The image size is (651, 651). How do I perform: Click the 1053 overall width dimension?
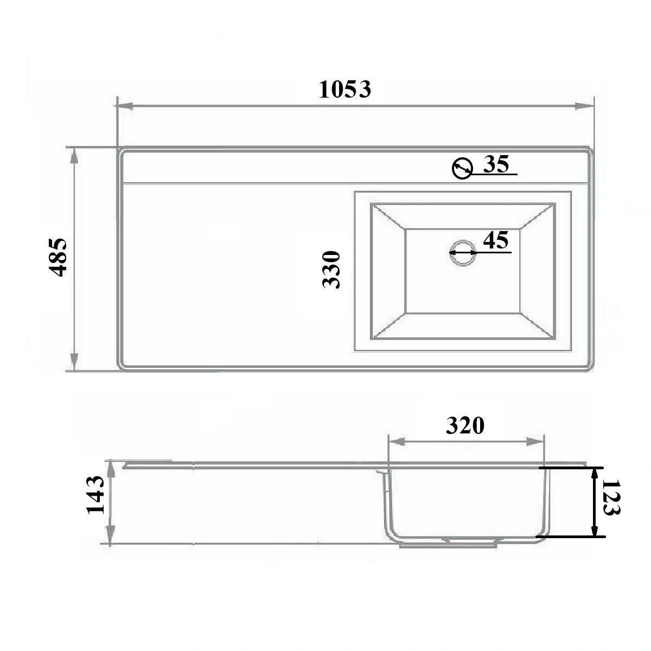tap(345, 90)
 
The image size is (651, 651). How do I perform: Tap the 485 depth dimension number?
tap(58, 258)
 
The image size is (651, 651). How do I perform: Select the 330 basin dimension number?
tap(331, 269)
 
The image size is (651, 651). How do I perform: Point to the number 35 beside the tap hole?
tap(496, 164)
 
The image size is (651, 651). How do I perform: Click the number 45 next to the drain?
tap(496, 240)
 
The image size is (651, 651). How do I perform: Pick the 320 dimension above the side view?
tap(465, 426)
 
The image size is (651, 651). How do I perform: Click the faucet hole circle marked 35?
tap(462, 168)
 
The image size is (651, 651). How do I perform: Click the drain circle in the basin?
tap(463, 252)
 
